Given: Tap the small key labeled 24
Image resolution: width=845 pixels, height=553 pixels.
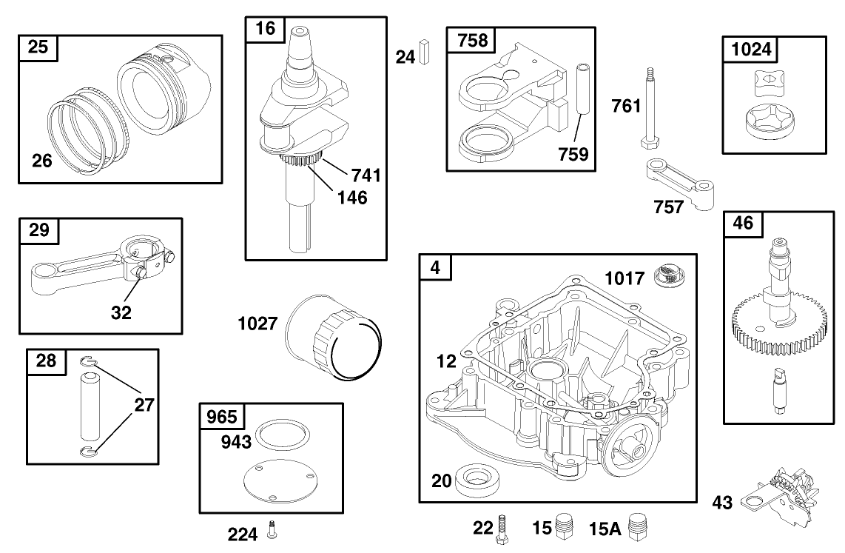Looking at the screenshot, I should pos(424,54).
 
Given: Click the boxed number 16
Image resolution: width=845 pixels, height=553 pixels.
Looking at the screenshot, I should pos(265,29).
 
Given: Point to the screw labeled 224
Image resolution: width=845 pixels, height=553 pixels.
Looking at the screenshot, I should pos(272,530).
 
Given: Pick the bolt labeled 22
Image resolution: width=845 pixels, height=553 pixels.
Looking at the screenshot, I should pos(504,527).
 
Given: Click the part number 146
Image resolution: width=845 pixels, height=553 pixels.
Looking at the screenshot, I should pos(351,198).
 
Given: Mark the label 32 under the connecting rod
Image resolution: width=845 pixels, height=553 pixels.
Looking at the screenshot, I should pos(121,312).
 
